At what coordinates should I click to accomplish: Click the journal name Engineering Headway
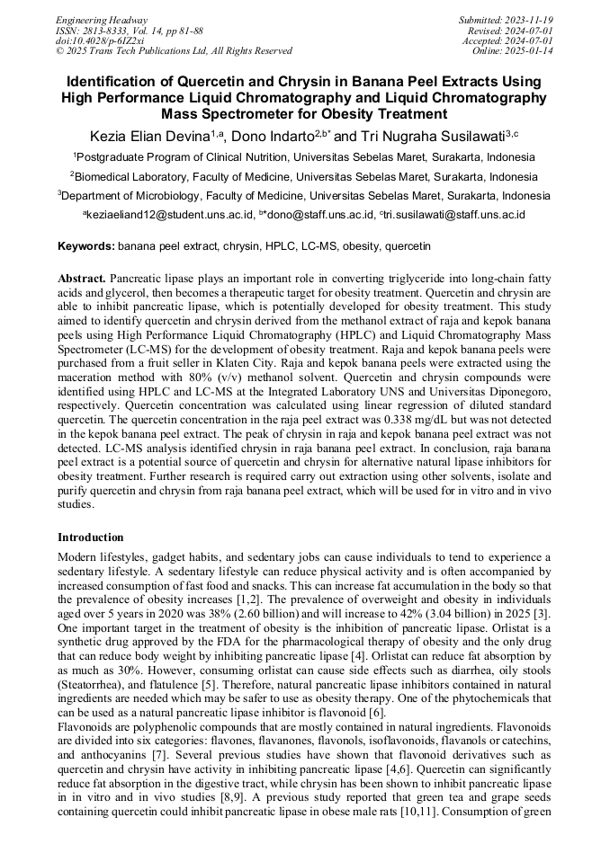pos(102,20)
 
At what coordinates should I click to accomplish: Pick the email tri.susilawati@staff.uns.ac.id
pos(454,215)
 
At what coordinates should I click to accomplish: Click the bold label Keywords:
pos(86,245)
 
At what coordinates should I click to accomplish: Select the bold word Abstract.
pos(83,280)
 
